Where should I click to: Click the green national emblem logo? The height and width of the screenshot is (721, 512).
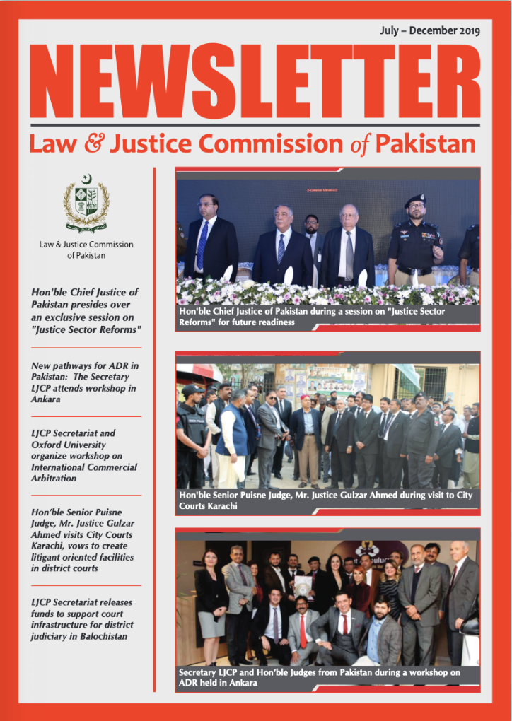(86, 203)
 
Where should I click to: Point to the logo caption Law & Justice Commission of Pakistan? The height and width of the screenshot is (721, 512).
(86, 250)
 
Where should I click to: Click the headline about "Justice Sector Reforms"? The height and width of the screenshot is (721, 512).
(85, 311)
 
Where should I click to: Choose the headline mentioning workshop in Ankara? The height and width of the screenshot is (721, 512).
(85, 382)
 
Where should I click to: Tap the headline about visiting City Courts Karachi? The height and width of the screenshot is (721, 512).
(85, 539)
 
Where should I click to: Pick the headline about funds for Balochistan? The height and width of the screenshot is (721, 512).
(85, 620)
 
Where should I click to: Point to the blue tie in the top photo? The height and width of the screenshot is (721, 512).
(203, 244)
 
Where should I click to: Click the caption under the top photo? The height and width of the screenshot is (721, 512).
(327, 316)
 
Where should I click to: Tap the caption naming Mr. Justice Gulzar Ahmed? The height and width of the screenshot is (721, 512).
(327, 500)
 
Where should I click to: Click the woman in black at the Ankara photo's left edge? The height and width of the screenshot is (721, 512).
(211, 601)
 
